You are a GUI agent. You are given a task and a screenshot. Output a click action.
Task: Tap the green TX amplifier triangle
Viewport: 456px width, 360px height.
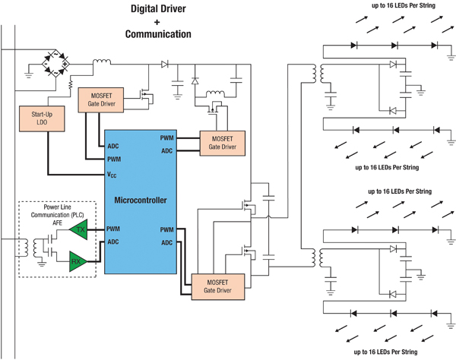tap(78, 229)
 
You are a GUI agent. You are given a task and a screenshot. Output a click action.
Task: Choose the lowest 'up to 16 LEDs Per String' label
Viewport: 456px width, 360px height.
tap(385, 352)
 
